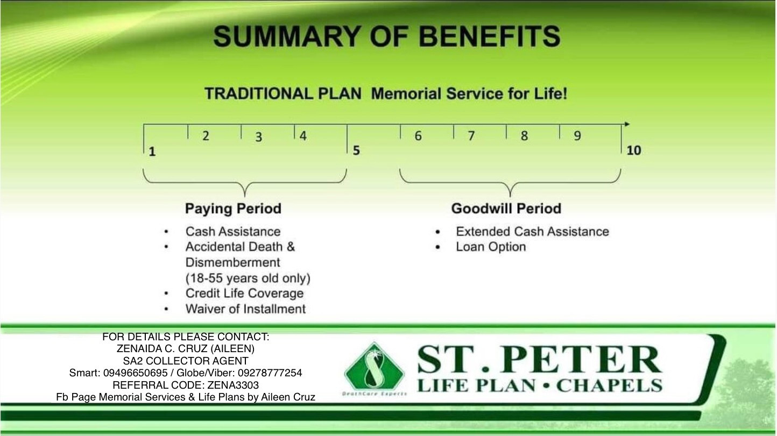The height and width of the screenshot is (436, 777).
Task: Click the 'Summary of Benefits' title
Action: point(387,36)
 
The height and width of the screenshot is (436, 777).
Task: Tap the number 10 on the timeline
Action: point(634,151)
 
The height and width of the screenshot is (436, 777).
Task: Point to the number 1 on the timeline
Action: point(152,152)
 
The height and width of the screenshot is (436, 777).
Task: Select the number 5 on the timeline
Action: point(356,151)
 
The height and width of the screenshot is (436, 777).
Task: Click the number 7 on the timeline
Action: point(471,135)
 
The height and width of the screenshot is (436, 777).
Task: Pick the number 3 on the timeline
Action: point(258,137)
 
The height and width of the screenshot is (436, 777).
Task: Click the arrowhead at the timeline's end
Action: point(627,124)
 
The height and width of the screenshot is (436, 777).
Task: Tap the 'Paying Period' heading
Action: point(233,209)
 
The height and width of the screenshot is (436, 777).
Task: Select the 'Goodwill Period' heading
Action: point(506,208)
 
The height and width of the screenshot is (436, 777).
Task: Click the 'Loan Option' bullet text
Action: point(491,247)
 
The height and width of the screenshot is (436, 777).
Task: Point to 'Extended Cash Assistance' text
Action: point(533,232)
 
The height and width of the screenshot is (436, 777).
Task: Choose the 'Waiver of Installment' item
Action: point(245,309)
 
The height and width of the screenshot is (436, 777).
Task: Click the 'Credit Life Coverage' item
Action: point(244,293)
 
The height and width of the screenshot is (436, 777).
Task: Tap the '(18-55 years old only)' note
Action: point(248,278)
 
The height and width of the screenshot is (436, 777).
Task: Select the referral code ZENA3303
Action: point(233,385)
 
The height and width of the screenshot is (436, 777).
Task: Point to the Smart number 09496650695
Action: point(135,373)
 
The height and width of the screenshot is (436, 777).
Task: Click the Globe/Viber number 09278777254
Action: point(270,373)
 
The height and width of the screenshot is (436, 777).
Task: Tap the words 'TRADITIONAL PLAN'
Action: point(283,94)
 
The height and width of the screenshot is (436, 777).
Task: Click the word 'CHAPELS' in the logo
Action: point(610,386)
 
